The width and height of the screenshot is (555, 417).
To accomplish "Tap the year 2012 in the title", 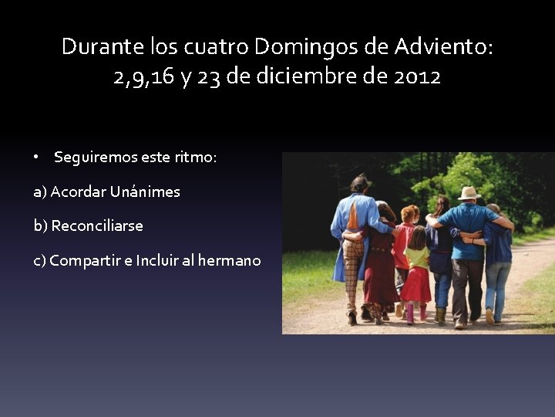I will pyautogui.click(x=415, y=77).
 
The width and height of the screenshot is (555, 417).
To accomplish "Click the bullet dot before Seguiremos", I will pyautogui.click(x=36, y=157).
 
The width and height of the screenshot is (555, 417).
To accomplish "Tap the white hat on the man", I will pyautogui.click(x=468, y=193).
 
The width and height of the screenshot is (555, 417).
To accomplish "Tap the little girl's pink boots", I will pyautogui.click(x=416, y=313).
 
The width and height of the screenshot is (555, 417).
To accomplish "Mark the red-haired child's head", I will pyautogui.click(x=407, y=214).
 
